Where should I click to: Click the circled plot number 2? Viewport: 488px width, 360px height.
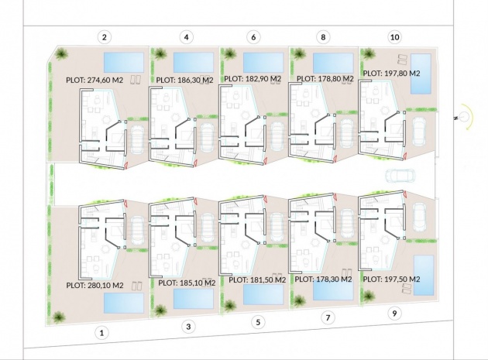(x=105, y=37)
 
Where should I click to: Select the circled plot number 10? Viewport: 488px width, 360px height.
(x=394, y=37)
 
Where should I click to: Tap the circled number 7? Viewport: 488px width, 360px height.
(x=328, y=317)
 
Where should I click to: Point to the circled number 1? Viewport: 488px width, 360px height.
(x=101, y=333)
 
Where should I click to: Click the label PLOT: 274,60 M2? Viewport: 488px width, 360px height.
(x=95, y=80)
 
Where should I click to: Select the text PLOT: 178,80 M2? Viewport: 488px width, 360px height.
(x=325, y=79)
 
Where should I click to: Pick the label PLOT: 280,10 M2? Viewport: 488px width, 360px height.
(x=95, y=285)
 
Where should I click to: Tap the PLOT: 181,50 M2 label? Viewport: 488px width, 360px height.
(x=257, y=279)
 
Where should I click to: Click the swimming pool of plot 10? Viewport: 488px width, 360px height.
(x=421, y=74)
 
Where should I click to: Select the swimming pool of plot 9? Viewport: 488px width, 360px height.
(x=424, y=276)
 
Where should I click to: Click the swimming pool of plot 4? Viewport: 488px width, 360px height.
(x=194, y=63)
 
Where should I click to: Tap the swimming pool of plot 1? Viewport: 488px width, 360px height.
(x=124, y=303)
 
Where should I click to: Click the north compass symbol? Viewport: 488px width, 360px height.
(x=466, y=117)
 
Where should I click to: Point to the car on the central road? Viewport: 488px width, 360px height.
(x=397, y=177)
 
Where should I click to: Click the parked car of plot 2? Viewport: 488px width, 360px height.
(x=137, y=139)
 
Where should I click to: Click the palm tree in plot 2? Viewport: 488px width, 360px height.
(x=60, y=53)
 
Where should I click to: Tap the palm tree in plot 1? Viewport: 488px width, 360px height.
(x=59, y=317)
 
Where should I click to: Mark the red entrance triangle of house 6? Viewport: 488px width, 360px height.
(x=265, y=160)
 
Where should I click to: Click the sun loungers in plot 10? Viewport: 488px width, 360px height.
(x=403, y=60)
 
